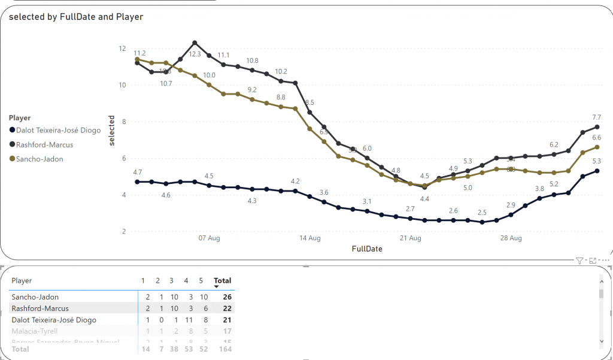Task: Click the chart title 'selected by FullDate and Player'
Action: tap(76, 17)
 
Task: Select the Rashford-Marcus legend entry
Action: tap(45, 144)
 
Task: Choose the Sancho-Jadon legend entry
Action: tap(40, 159)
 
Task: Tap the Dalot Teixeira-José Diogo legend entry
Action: tap(59, 131)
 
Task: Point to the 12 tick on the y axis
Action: tap(122, 49)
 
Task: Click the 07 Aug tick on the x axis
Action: tap(210, 238)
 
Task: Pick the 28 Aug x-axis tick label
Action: tap(511, 238)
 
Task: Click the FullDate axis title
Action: tap(367, 249)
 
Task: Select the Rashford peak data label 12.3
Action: tap(195, 54)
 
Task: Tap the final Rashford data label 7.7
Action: tap(596, 117)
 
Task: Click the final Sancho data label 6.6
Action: tap(596, 138)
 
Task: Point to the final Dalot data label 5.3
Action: tap(596, 161)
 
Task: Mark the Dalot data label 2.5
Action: tap(482, 213)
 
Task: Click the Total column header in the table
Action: tap(223, 280)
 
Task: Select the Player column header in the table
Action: tap(22, 280)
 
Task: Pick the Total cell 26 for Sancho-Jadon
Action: tap(227, 297)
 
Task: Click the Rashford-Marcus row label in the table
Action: tap(40, 308)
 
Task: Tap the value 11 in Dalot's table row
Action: tap(186, 320)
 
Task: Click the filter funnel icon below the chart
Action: tap(579, 261)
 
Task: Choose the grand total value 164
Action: tap(225, 349)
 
